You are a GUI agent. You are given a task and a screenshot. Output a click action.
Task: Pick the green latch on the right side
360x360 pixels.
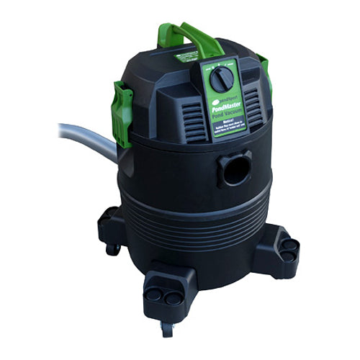tap(264, 68)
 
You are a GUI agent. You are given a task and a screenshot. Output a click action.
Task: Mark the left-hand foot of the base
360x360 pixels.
tap(110, 220)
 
